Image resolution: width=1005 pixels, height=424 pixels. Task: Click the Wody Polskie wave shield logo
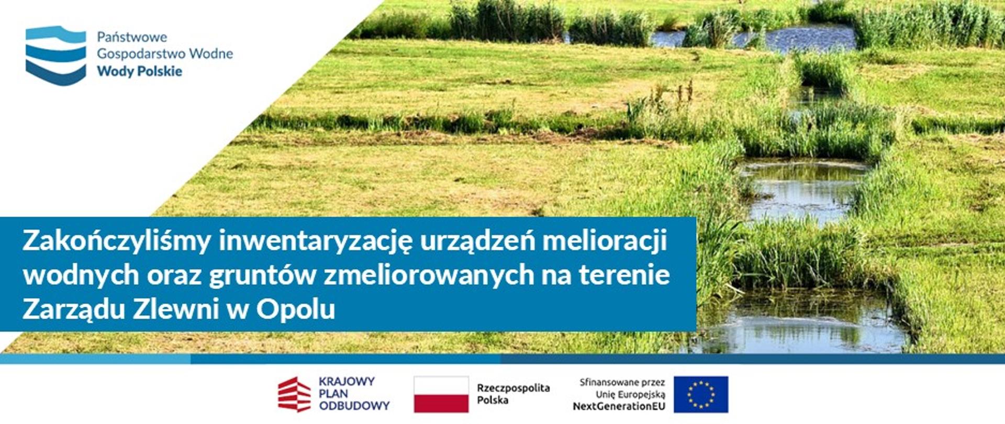click(55, 55)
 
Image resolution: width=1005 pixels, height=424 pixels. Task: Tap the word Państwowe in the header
click(132, 37)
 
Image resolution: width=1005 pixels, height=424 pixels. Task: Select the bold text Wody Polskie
click(139, 71)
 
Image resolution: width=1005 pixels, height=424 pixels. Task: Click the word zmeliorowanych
click(429, 275)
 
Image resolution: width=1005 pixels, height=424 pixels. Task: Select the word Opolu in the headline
click(295, 309)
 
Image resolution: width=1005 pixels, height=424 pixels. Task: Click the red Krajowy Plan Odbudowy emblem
click(294, 394)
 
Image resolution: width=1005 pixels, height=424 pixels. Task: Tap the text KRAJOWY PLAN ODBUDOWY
click(354, 394)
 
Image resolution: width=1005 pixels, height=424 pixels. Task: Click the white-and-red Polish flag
click(441, 394)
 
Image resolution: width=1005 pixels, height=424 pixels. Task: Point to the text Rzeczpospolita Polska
click(512, 394)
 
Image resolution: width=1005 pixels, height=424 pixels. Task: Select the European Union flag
click(700, 394)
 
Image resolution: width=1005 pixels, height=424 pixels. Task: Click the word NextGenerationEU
click(619, 406)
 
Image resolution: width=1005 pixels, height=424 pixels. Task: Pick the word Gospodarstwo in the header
click(141, 54)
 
